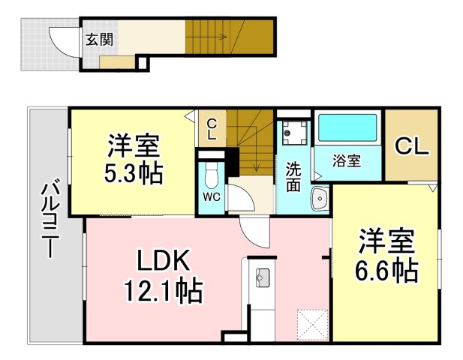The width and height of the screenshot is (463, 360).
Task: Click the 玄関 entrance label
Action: pyautogui.click(x=100, y=40)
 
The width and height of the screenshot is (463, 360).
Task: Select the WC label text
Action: pyautogui.click(x=212, y=197)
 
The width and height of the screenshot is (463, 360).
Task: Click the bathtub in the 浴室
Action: pyautogui.click(x=347, y=127)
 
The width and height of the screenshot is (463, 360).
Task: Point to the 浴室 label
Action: pyautogui.click(x=347, y=161)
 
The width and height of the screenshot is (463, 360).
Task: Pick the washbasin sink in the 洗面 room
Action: pyautogui.click(x=320, y=198)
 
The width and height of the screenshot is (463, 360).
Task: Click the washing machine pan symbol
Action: pyautogui.click(x=295, y=133)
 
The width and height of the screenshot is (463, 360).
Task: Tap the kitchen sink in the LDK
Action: pyautogui.click(x=262, y=278)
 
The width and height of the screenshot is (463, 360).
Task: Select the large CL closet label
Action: pyautogui.click(x=412, y=146)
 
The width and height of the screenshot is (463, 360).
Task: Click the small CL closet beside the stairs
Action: pyautogui.click(x=212, y=129)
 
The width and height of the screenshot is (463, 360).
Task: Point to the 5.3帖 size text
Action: pyautogui.click(x=134, y=174)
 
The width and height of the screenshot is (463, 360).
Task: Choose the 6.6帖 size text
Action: pyautogui.click(x=386, y=271)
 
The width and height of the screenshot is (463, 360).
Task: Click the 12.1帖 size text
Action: pyautogui.click(x=164, y=291)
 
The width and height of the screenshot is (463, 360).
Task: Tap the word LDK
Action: pyautogui.click(x=164, y=260)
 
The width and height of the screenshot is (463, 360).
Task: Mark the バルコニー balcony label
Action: pyautogui.click(x=50, y=218)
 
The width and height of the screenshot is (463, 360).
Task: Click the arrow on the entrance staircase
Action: pyautogui.click(x=206, y=37)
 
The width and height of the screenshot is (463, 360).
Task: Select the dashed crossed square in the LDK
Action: pyautogui.click(x=313, y=325)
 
